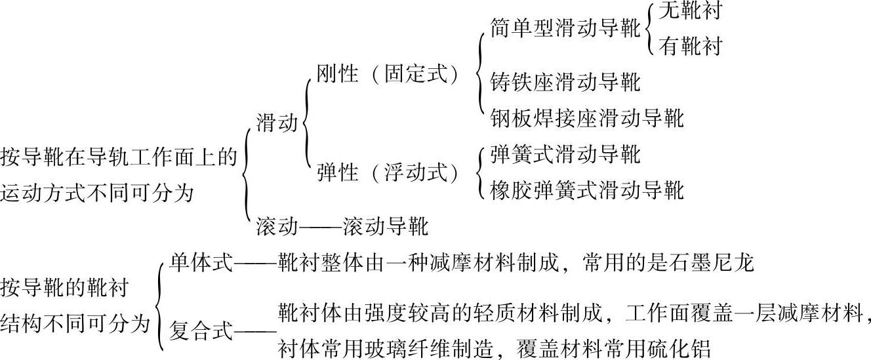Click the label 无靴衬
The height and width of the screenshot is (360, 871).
pyautogui.click(x=690, y=11)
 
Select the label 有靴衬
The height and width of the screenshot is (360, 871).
pyautogui.click(x=690, y=47)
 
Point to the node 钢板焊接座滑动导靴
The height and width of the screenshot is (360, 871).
pyautogui.click(x=587, y=118)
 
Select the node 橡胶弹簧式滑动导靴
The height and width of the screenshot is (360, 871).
pyautogui.click(x=587, y=190)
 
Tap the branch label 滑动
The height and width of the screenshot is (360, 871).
pyautogui.click(x=277, y=123)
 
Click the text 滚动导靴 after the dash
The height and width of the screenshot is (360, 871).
pyautogui.click(x=386, y=227)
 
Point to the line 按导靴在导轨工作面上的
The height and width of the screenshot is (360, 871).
pyautogui.click(x=119, y=157)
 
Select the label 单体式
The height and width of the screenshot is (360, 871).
pyautogui.click(x=201, y=263)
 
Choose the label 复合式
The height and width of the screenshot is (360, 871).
pyautogui.click(x=201, y=329)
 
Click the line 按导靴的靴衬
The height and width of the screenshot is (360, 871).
pyautogui.click(x=65, y=287)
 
